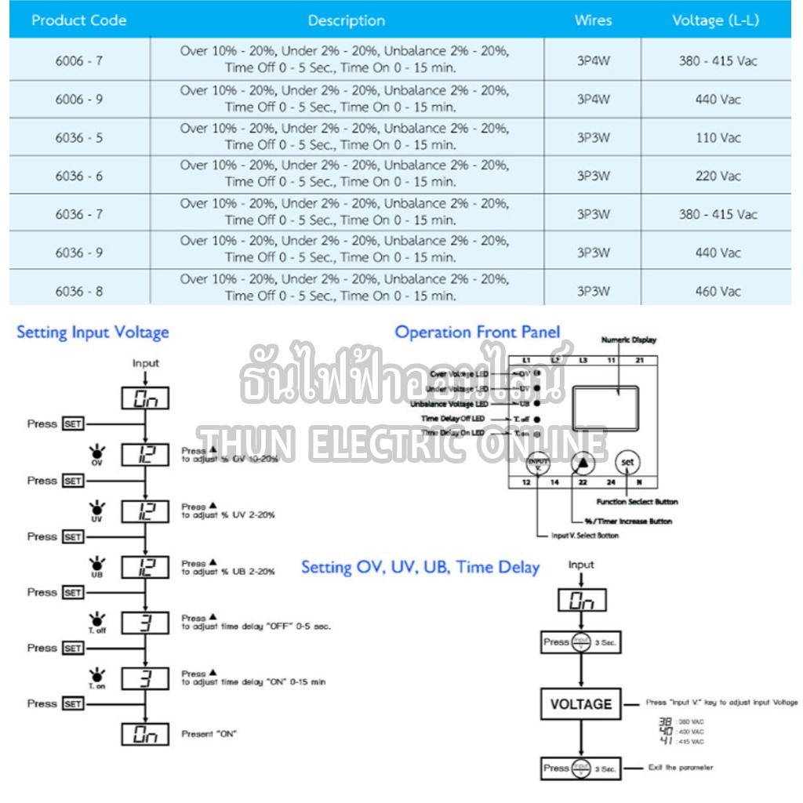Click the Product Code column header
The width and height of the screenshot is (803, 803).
79,20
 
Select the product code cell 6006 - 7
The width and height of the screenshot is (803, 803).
79,60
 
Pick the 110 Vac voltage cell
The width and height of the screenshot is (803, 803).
718,138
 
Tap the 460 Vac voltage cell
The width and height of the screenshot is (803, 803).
718,292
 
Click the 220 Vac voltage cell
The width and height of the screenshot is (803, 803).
718,176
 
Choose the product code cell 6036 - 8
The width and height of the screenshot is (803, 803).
79,292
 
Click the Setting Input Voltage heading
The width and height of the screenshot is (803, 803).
93,332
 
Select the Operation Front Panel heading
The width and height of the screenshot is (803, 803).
478,332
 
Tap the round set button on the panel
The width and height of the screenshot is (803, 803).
627,463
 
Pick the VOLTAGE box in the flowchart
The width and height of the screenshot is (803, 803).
580,704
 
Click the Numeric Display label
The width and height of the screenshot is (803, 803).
629,340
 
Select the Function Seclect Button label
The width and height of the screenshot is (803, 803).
637,502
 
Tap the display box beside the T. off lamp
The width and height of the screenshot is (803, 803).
146,623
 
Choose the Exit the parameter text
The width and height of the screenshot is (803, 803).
681,768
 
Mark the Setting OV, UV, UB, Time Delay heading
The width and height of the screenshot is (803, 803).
420,568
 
